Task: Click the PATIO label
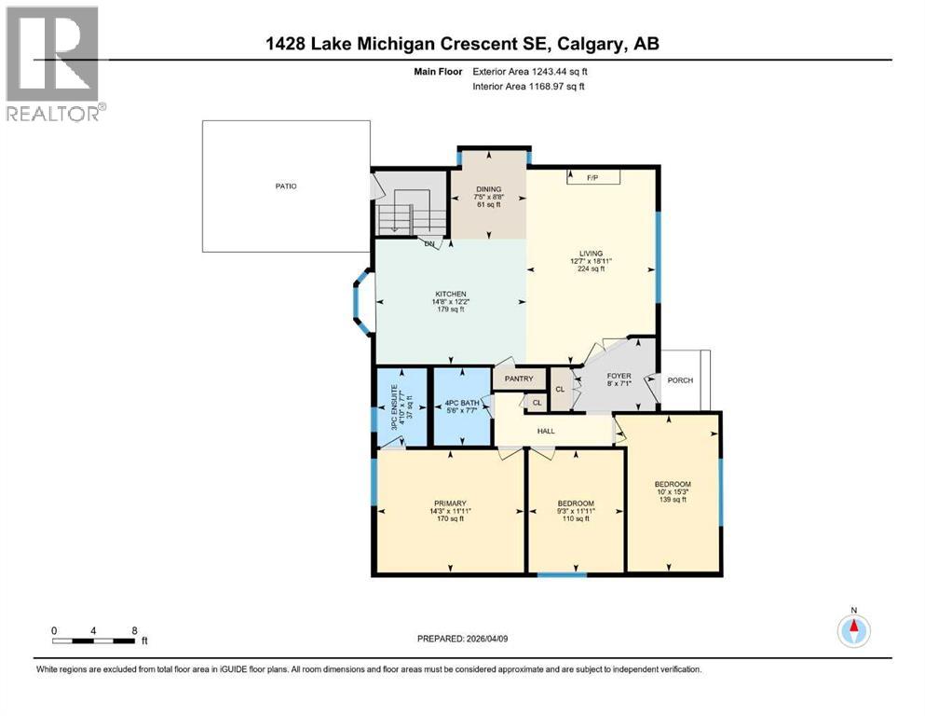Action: tap(286, 186)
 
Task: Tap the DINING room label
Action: tap(489, 188)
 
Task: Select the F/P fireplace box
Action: tap(591, 176)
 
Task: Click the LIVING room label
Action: tap(591, 253)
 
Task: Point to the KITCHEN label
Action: tap(448, 294)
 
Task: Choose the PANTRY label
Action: tap(519, 379)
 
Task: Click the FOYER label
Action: tap(619, 377)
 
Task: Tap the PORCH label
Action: tap(677, 379)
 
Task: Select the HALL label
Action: tap(545, 430)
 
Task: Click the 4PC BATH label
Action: tap(462, 404)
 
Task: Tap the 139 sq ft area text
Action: tap(672, 500)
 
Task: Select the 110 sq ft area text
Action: tap(575, 519)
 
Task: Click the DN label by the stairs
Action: tap(429, 244)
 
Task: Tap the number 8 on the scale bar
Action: tap(135, 630)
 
